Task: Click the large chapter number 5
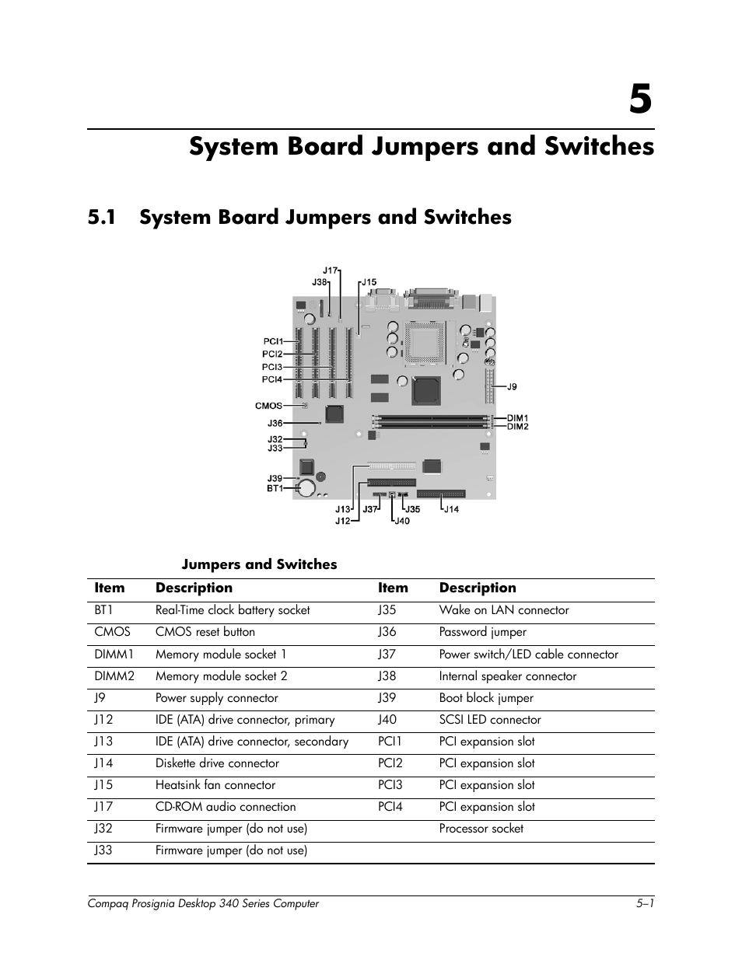[639, 99]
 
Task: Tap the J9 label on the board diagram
[511, 386]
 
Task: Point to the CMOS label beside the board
[268, 406]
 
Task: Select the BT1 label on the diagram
[275, 488]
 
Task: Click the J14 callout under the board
[451, 509]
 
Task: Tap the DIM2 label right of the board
[517, 427]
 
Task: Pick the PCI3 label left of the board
[271, 367]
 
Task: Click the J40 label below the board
[401, 521]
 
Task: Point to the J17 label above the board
[331, 271]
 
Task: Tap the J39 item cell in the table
[387, 698]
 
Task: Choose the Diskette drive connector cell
[217, 763]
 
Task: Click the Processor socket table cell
[481, 829]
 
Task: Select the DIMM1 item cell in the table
[114, 655]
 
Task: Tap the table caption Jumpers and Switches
[259, 564]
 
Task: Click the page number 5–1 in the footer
[644, 903]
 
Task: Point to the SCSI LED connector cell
[489, 720]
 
